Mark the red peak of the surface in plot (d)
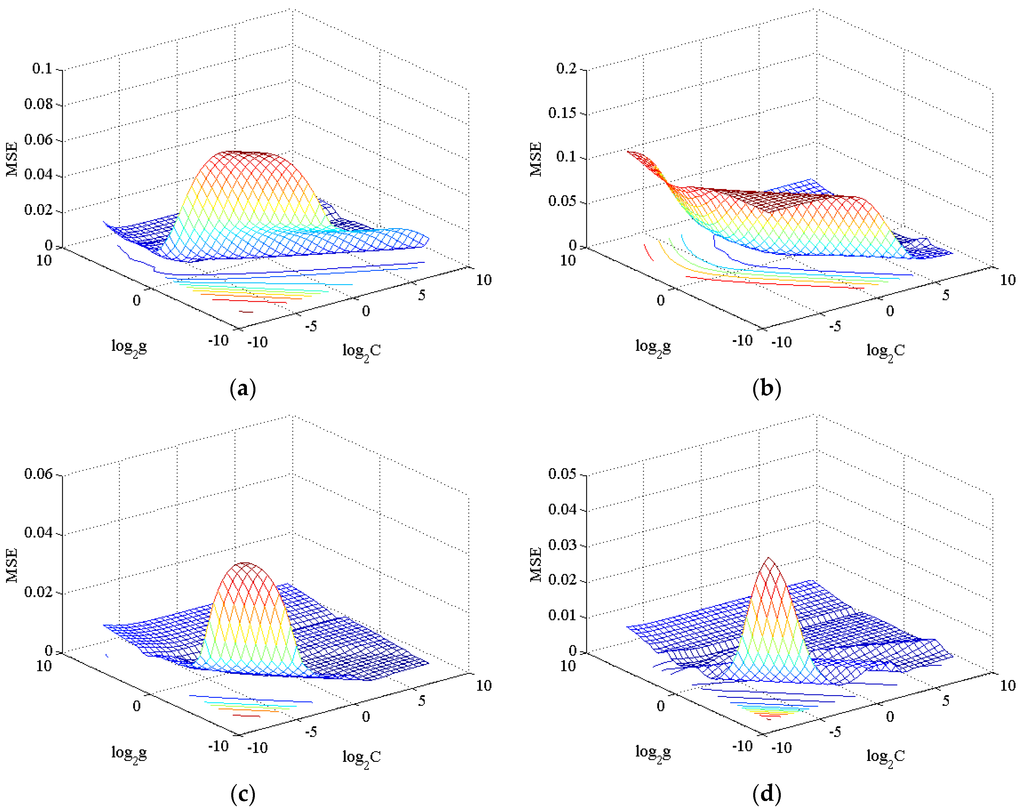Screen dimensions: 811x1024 768,560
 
